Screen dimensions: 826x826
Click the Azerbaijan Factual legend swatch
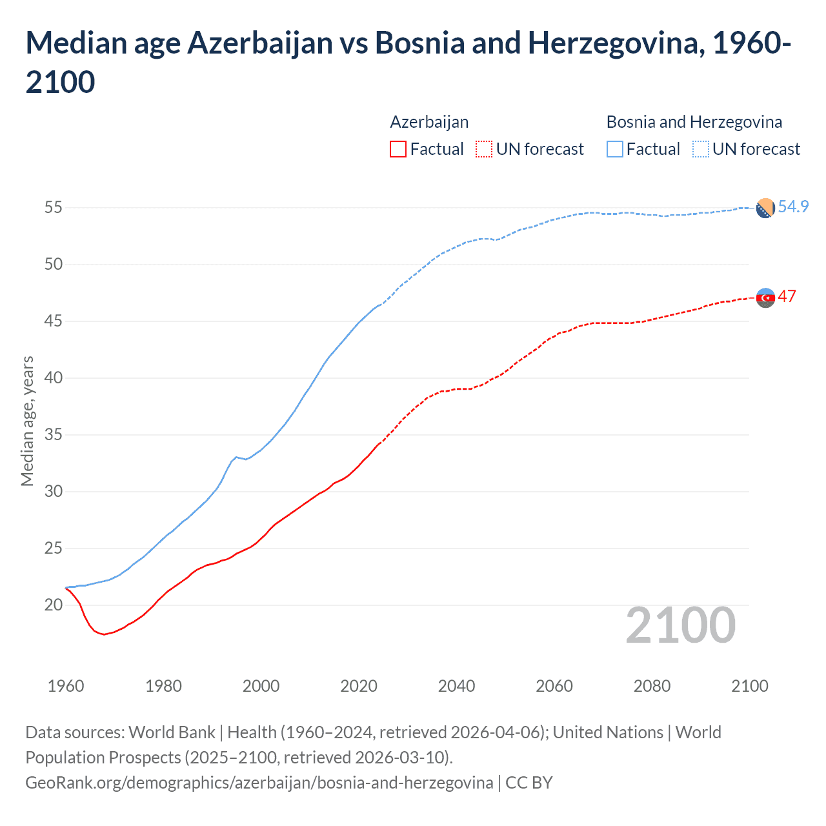(x=398, y=149)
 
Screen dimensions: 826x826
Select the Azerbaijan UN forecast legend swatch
(x=483, y=149)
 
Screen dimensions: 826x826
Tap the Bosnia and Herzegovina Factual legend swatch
(x=614, y=149)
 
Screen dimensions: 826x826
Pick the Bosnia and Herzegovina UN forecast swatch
(x=700, y=149)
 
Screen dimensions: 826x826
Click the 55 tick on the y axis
(x=54, y=208)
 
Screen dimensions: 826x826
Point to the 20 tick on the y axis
(x=54, y=605)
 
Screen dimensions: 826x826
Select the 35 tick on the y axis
(x=54, y=435)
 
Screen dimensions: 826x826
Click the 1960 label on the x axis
(x=66, y=686)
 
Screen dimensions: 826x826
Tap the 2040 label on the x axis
(x=456, y=686)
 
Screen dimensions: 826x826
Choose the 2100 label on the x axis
(x=749, y=686)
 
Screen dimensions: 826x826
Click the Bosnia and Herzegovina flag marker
(x=765, y=208)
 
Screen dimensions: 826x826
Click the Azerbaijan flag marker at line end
(x=765, y=297)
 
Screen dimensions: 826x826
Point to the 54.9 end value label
(x=793, y=206)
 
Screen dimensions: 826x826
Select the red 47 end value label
(x=787, y=296)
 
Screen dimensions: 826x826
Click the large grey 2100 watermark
(x=680, y=625)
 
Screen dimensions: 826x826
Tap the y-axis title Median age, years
(x=27, y=421)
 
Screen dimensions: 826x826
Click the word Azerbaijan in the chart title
(x=259, y=43)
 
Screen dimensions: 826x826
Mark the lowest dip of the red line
(x=103, y=634)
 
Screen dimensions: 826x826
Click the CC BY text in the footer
(x=529, y=783)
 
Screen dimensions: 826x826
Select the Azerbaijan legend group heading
(x=429, y=122)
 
